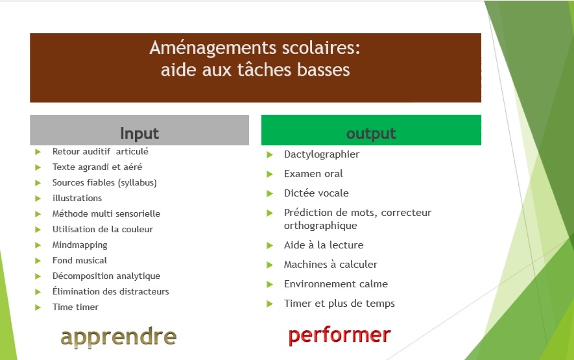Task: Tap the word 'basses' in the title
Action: coord(323,69)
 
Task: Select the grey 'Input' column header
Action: coord(139,130)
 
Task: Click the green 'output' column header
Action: coord(371,130)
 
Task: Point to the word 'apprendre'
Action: coord(119,337)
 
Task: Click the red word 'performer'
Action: coord(340,335)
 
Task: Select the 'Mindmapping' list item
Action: coord(80,245)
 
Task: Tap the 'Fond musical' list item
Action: coord(80,260)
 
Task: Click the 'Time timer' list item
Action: coord(75,307)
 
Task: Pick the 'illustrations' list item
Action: coord(77,198)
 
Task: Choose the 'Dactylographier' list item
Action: coord(322,154)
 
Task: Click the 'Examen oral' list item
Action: coord(313,174)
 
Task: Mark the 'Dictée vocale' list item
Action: coord(317,193)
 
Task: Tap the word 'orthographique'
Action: coord(320,226)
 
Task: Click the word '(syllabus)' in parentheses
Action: coord(138,183)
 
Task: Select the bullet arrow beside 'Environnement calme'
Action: coord(270,284)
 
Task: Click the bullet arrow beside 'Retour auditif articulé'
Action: coord(38,152)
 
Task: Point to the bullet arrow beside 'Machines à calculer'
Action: coord(270,265)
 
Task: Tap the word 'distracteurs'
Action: coord(147,291)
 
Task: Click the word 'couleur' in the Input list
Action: coord(138,229)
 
